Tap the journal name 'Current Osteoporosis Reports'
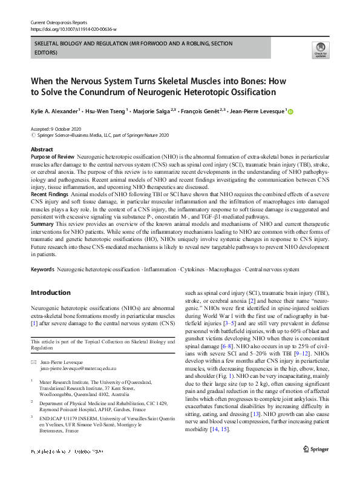(59, 22)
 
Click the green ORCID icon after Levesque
(290, 111)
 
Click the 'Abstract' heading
(42, 149)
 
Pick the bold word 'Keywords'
(43, 268)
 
